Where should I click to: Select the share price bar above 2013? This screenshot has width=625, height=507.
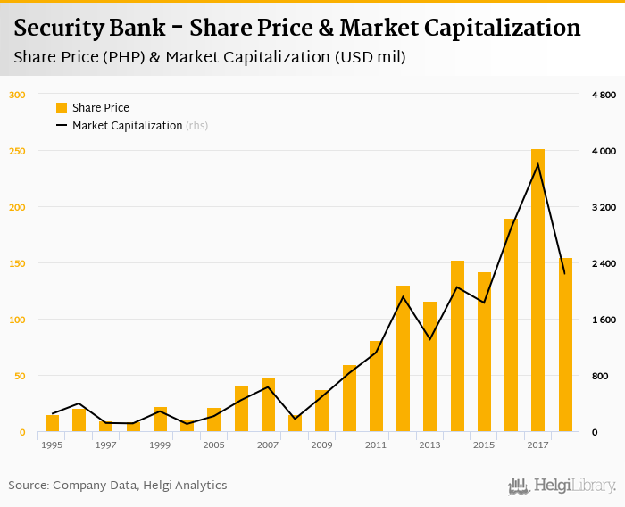[429, 367]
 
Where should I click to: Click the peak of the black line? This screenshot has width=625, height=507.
[537, 164]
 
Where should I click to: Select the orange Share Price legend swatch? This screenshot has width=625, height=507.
[62, 108]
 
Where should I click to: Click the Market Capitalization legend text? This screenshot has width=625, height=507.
[127, 126]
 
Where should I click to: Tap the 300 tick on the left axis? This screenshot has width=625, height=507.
[18, 95]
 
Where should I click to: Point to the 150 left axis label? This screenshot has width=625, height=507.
[18, 263]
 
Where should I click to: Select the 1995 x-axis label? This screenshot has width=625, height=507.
[52, 445]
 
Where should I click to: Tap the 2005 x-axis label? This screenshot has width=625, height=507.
[213, 445]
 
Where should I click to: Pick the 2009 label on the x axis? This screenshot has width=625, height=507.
[321, 445]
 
